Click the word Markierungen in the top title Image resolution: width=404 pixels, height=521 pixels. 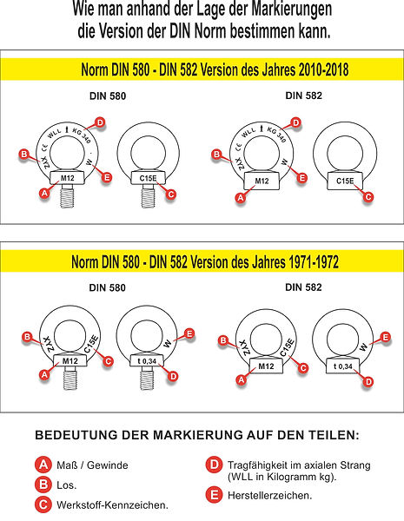[291, 9]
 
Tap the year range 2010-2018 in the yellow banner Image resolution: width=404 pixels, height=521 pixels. [323, 69]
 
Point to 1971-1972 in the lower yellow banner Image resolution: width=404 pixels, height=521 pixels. [314, 262]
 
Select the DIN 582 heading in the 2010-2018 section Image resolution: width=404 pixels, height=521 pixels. [303, 96]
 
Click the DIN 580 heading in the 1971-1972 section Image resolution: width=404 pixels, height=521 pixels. [107, 287]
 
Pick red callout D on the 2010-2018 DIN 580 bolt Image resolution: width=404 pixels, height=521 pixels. [100, 122]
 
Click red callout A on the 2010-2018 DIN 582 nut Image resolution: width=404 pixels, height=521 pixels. [241, 198]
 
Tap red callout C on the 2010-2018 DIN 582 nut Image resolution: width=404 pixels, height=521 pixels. [368, 197]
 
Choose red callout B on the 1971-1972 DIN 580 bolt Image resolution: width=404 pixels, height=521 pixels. [27, 337]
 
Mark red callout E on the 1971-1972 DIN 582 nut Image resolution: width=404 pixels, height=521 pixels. [386, 338]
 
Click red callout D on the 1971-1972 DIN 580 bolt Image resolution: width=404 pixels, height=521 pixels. [173, 377]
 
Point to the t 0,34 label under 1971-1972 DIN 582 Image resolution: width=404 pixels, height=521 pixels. [343, 366]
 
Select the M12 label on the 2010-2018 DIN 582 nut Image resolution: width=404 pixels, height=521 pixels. [262, 181]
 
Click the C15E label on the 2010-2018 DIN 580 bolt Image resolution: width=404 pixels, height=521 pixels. [148, 178]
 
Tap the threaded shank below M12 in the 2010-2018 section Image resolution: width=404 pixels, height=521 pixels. [67, 196]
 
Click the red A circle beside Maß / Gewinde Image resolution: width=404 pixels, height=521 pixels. [43, 465]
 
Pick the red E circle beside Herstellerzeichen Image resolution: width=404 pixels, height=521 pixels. [214, 495]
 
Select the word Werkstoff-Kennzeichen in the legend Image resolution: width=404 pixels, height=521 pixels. [112, 505]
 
